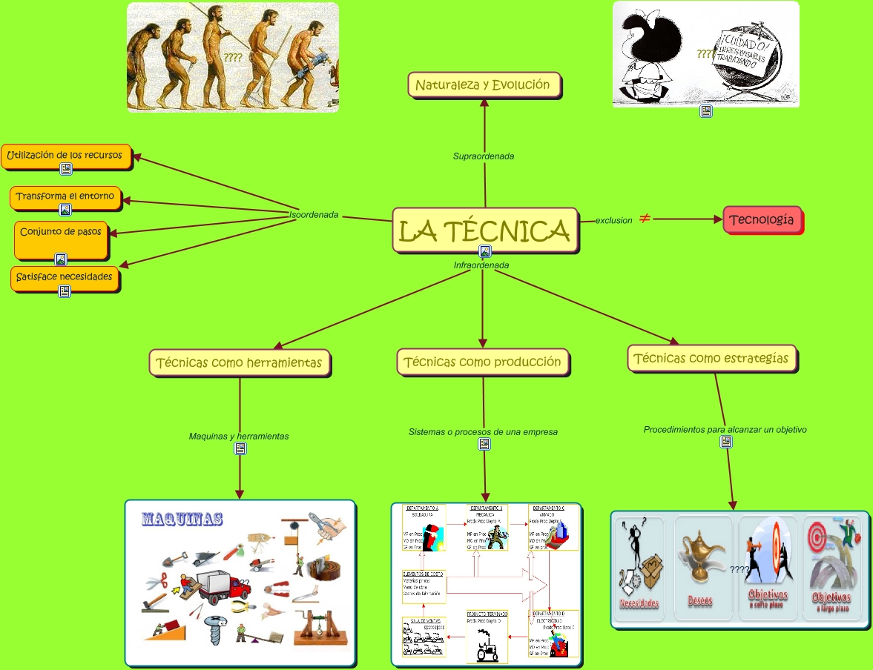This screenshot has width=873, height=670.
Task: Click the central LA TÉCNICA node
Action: [x=484, y=230]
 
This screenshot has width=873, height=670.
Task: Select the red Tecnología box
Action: [x=762, y=220]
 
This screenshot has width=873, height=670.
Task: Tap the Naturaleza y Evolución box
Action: [x=484, y=84]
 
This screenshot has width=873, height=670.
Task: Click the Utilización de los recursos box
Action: [x=65, y=156]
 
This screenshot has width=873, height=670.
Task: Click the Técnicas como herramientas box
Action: [x=240, y=363]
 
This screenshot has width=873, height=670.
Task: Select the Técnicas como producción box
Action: [x=483, y=362]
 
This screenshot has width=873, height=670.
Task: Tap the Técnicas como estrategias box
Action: [x=712, y=359]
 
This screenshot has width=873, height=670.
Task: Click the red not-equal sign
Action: [x=645, y=219]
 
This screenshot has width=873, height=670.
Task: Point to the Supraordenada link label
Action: [x=484, y=156]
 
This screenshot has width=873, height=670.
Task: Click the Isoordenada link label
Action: [x=314, y=215]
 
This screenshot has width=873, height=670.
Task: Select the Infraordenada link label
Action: [x=481, y=265]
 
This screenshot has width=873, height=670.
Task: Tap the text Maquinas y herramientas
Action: [x=239, y=436]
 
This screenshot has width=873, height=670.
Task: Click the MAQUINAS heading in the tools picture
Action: [x=182, y=519]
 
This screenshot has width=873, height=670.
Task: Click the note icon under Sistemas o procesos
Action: [x=484, y=444]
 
